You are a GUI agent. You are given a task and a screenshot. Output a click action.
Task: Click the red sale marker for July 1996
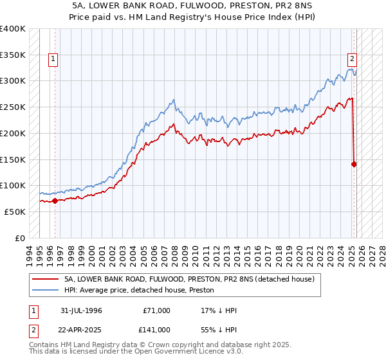(x=55, y=201)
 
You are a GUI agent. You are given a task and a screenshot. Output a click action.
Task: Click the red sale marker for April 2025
(x=354, y=164)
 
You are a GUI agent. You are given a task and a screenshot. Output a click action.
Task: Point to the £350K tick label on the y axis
(x=13, y=55)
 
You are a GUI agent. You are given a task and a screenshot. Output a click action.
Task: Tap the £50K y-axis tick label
(x=15, y=212)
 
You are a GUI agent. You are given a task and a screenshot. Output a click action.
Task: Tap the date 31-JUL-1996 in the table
(x=82, y=310)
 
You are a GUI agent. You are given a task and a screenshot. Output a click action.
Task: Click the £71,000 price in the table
(x=157, y=310)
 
